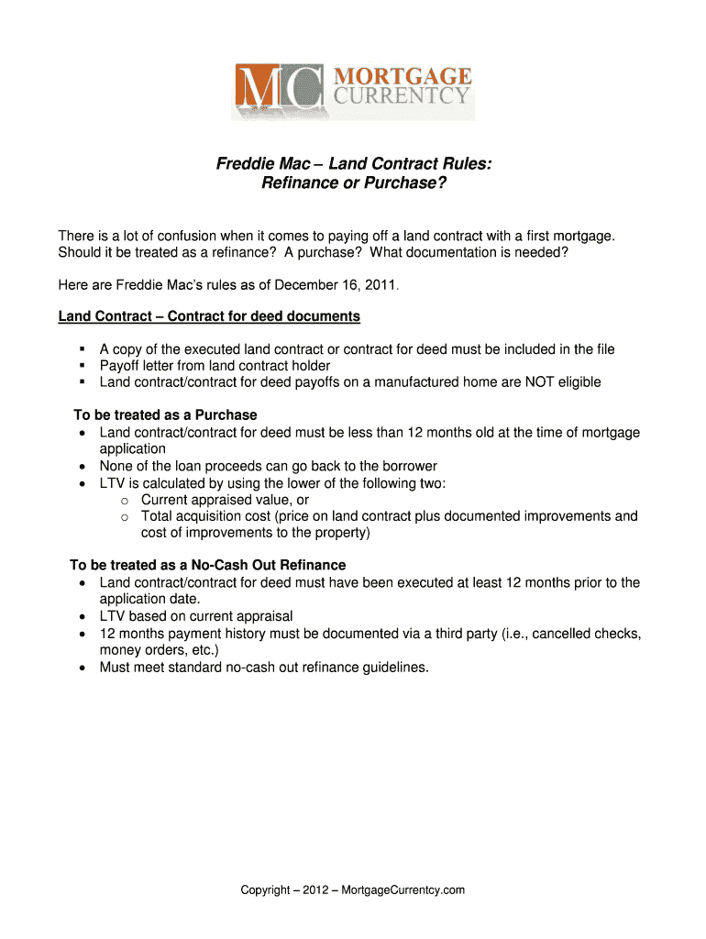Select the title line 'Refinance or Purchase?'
pos(353,184)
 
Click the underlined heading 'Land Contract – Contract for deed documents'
pos(209,316)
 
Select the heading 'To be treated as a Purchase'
pos(165,415)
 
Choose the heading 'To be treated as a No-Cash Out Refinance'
pos(208,565)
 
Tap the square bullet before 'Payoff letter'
pos(83,366)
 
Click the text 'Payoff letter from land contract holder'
pos(215,366)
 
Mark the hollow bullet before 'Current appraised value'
pos(124,501)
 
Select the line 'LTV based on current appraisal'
pos(196,616)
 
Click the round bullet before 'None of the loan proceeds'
pos(83,467)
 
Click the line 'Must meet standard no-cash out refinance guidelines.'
pos(264,668)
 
